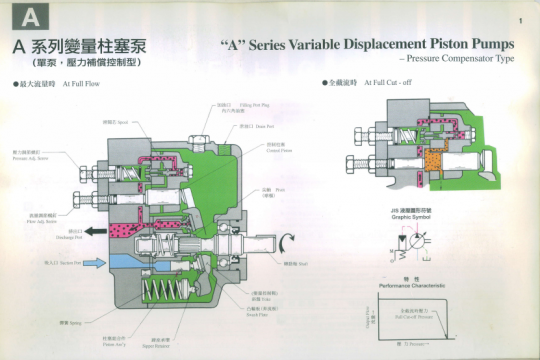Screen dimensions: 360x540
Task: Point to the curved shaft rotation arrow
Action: pyautogui.click(x=288, y=238)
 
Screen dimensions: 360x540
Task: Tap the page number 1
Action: pyautogui.click(x=521, y=21)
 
